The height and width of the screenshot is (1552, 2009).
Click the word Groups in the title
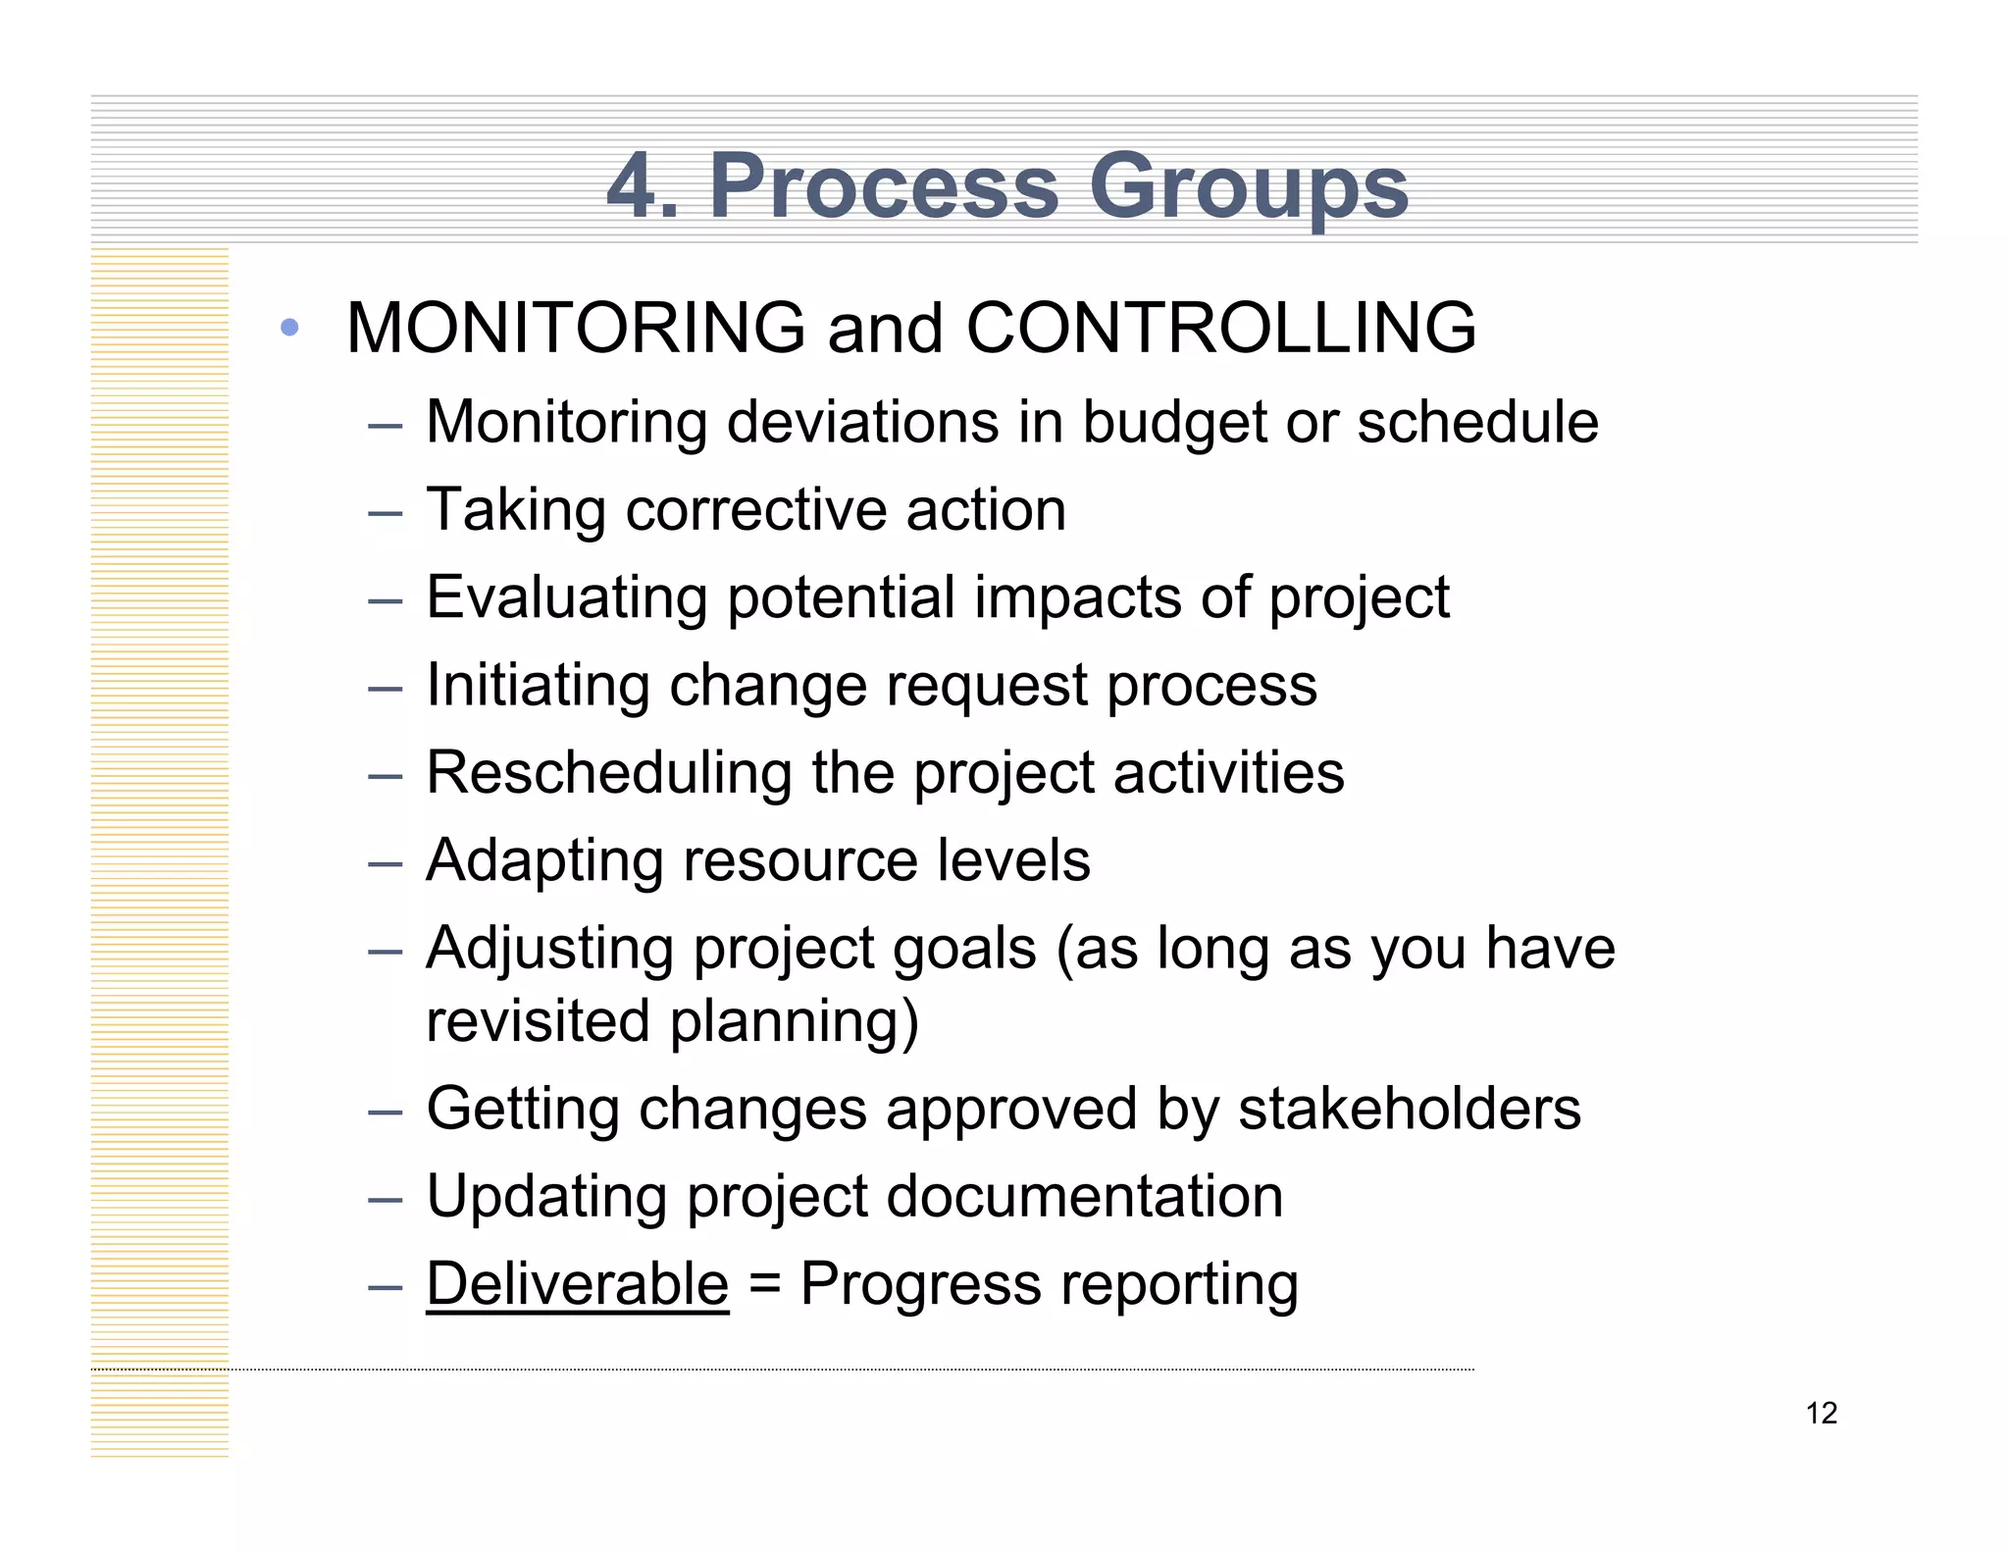(1249, 186)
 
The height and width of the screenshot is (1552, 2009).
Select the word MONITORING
(576, 328)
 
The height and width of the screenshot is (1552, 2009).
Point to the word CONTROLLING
(1221, 328)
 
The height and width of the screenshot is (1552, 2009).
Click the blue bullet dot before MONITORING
(288, 328)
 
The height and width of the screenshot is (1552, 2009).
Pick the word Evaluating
(567, 597)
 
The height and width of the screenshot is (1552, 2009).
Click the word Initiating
(538, 685)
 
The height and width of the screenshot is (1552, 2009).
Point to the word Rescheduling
(608, 773)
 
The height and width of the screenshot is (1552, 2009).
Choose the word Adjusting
(549, 949)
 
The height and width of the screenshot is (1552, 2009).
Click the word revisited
(538, 1021)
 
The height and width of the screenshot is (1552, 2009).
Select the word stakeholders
(1409, 1109)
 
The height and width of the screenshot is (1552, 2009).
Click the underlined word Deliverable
(577, 1284)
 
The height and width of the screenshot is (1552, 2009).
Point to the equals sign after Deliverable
(764, 1285)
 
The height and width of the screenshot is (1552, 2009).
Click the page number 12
(1821, 1414)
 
